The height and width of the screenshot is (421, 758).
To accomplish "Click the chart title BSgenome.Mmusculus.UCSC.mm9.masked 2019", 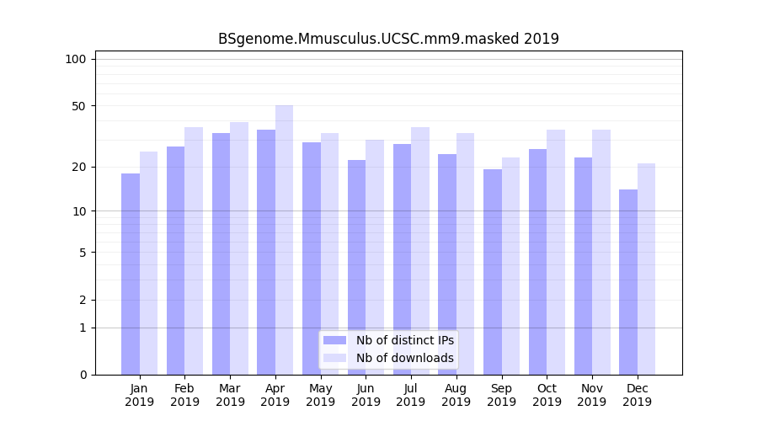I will [388, 39].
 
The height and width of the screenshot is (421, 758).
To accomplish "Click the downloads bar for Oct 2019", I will [556, 253].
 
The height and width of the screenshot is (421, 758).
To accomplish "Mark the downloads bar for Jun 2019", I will [375, 257].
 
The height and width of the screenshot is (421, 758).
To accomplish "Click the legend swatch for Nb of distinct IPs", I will [334, 340].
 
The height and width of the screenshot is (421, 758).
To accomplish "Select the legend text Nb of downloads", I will [404, 358].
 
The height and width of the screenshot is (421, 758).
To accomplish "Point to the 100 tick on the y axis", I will [76, 59].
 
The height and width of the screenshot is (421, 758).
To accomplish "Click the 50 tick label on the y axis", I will [78, 106].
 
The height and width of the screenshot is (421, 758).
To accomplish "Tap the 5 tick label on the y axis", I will [82, 253].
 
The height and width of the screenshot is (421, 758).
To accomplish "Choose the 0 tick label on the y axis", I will [82, 375].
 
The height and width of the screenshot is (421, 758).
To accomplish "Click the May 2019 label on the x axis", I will [321, 395].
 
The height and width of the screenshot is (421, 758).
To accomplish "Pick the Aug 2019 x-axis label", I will [456, 395].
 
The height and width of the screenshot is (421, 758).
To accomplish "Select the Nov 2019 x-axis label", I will [592, 395].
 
